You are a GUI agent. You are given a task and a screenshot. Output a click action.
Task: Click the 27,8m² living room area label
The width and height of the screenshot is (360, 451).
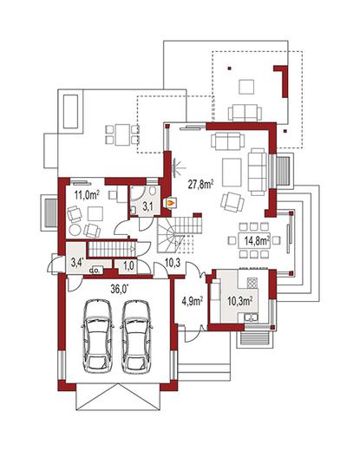pos(201,184)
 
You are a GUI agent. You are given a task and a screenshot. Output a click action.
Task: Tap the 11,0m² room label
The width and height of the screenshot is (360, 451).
pos(87,195)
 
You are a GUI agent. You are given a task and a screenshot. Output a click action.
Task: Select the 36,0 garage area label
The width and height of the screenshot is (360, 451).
pos(120,289)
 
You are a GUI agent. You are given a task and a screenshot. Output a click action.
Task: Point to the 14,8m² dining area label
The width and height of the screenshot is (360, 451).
pos(258,241)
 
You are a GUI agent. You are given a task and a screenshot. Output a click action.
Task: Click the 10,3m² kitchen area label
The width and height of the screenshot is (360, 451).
pos(239,301)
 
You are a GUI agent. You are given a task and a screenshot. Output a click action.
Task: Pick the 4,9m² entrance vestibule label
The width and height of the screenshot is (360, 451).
pos(192,301)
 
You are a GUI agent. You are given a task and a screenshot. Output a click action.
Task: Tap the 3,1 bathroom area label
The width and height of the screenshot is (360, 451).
pos(147,206)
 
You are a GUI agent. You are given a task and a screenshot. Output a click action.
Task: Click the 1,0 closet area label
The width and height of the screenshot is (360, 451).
pos(128,265)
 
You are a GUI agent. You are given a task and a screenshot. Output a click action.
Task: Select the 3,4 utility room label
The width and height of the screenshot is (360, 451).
pos(77,263)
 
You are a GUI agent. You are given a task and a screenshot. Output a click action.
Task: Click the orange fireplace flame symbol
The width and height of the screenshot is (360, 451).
pos(171,203)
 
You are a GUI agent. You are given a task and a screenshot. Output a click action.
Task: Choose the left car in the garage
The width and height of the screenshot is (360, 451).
pos(97,336)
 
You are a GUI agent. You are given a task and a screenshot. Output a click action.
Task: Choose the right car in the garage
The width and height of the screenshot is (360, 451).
pos(136,336)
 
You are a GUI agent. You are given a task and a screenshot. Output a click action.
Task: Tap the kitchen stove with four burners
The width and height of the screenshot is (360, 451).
pos(252,283)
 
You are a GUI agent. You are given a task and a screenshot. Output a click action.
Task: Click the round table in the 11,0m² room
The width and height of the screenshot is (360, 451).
pos(75,231)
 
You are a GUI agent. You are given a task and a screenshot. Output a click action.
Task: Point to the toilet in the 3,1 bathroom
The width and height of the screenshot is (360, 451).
pos(153,191)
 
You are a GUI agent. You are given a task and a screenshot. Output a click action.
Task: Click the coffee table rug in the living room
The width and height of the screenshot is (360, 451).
pos(232,173)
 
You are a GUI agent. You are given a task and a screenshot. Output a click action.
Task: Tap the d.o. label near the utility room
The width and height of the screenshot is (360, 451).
pos(95,271)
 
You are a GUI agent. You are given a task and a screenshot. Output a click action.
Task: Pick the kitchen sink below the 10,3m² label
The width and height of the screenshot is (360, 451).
pos(252,317)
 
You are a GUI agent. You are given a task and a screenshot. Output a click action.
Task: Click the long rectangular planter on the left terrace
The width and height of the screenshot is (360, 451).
pos(70,111)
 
